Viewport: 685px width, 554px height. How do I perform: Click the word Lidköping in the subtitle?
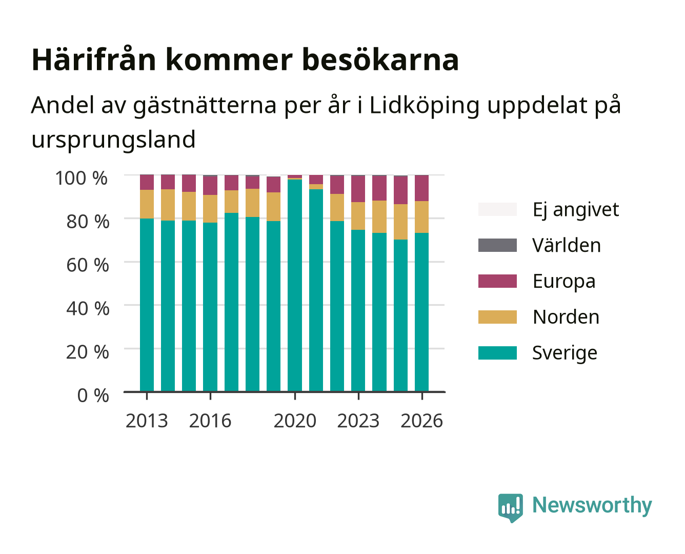pyautogui.click(x=424, y=106)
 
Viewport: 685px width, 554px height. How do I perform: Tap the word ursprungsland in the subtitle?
pyautogui.click(x=113, y=140)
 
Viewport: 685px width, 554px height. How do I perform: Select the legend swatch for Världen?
pyautogui.click(x=497, y=245)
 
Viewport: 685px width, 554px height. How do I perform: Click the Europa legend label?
pyautogui.click(x=564, y=282)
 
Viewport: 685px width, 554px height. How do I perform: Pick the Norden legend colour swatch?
pyautogui.click(x=497, y=317)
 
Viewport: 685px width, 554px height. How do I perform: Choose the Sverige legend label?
pyautogui.click(x=565, y=353)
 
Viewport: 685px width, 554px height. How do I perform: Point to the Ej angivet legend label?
pyautogui.click(x=576, y=210)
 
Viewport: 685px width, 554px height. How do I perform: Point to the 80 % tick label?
pyautogui.click(x=88, y=222)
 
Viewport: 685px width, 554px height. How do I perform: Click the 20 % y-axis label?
pyautogui.click(x=88, y=352)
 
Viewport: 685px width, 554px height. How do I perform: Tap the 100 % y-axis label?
pyautogui.click(x=82, y=178)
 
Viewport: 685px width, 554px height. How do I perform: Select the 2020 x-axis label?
pyautogui.click(x=295, y=421)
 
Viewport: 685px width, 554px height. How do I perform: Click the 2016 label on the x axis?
pyautogui.click(x=210, y=421)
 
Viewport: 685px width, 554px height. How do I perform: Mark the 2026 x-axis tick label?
pyautogui.click(x=421, y=421)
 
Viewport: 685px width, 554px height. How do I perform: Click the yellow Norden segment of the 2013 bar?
pyautogui.click(x=147, y=204)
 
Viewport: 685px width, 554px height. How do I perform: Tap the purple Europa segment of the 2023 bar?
pyautogui.click(x=358, y=189)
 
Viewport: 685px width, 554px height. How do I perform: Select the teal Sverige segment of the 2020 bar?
pyautogui.click(x=295, y=285)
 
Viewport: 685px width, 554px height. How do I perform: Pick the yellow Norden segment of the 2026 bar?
pyautogui.click(x=421, y=217)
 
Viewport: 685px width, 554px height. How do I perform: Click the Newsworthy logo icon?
pyautogui.click(x=510, y=508)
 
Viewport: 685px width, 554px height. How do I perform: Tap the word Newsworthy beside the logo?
pyautogui.click(x=592, y=505)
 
